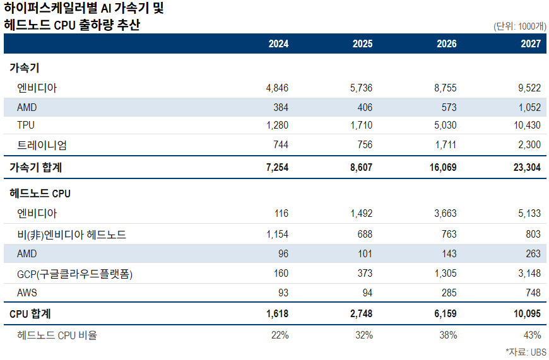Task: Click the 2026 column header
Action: tap(446, 44)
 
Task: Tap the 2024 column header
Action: tap(278, 44)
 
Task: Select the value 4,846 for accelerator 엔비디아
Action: tap(277, 88)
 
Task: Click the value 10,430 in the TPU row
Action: tap(527, 125)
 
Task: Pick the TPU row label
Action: tap(26, 125)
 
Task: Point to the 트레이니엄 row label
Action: tap(42, 145)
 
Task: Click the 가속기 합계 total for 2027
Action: tap(527, 167)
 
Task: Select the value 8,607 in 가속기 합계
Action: tap(361, 167)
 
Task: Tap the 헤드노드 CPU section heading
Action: tap(40, 194)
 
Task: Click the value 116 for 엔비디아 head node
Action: tap(281, 213)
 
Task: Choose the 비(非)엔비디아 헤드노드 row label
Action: tap(71, 235)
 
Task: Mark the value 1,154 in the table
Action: tap(277, 234)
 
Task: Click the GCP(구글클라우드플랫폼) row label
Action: tap(74, 274)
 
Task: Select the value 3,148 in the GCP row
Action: tap(529, 273)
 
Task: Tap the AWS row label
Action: tap(27, 293)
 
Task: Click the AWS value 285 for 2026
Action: tap(449, 293)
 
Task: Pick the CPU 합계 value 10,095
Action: tap(527, 313)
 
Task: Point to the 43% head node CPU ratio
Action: tap(532, 335)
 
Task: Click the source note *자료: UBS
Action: tap(526, 352)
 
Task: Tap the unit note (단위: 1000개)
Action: tap(519, 26)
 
